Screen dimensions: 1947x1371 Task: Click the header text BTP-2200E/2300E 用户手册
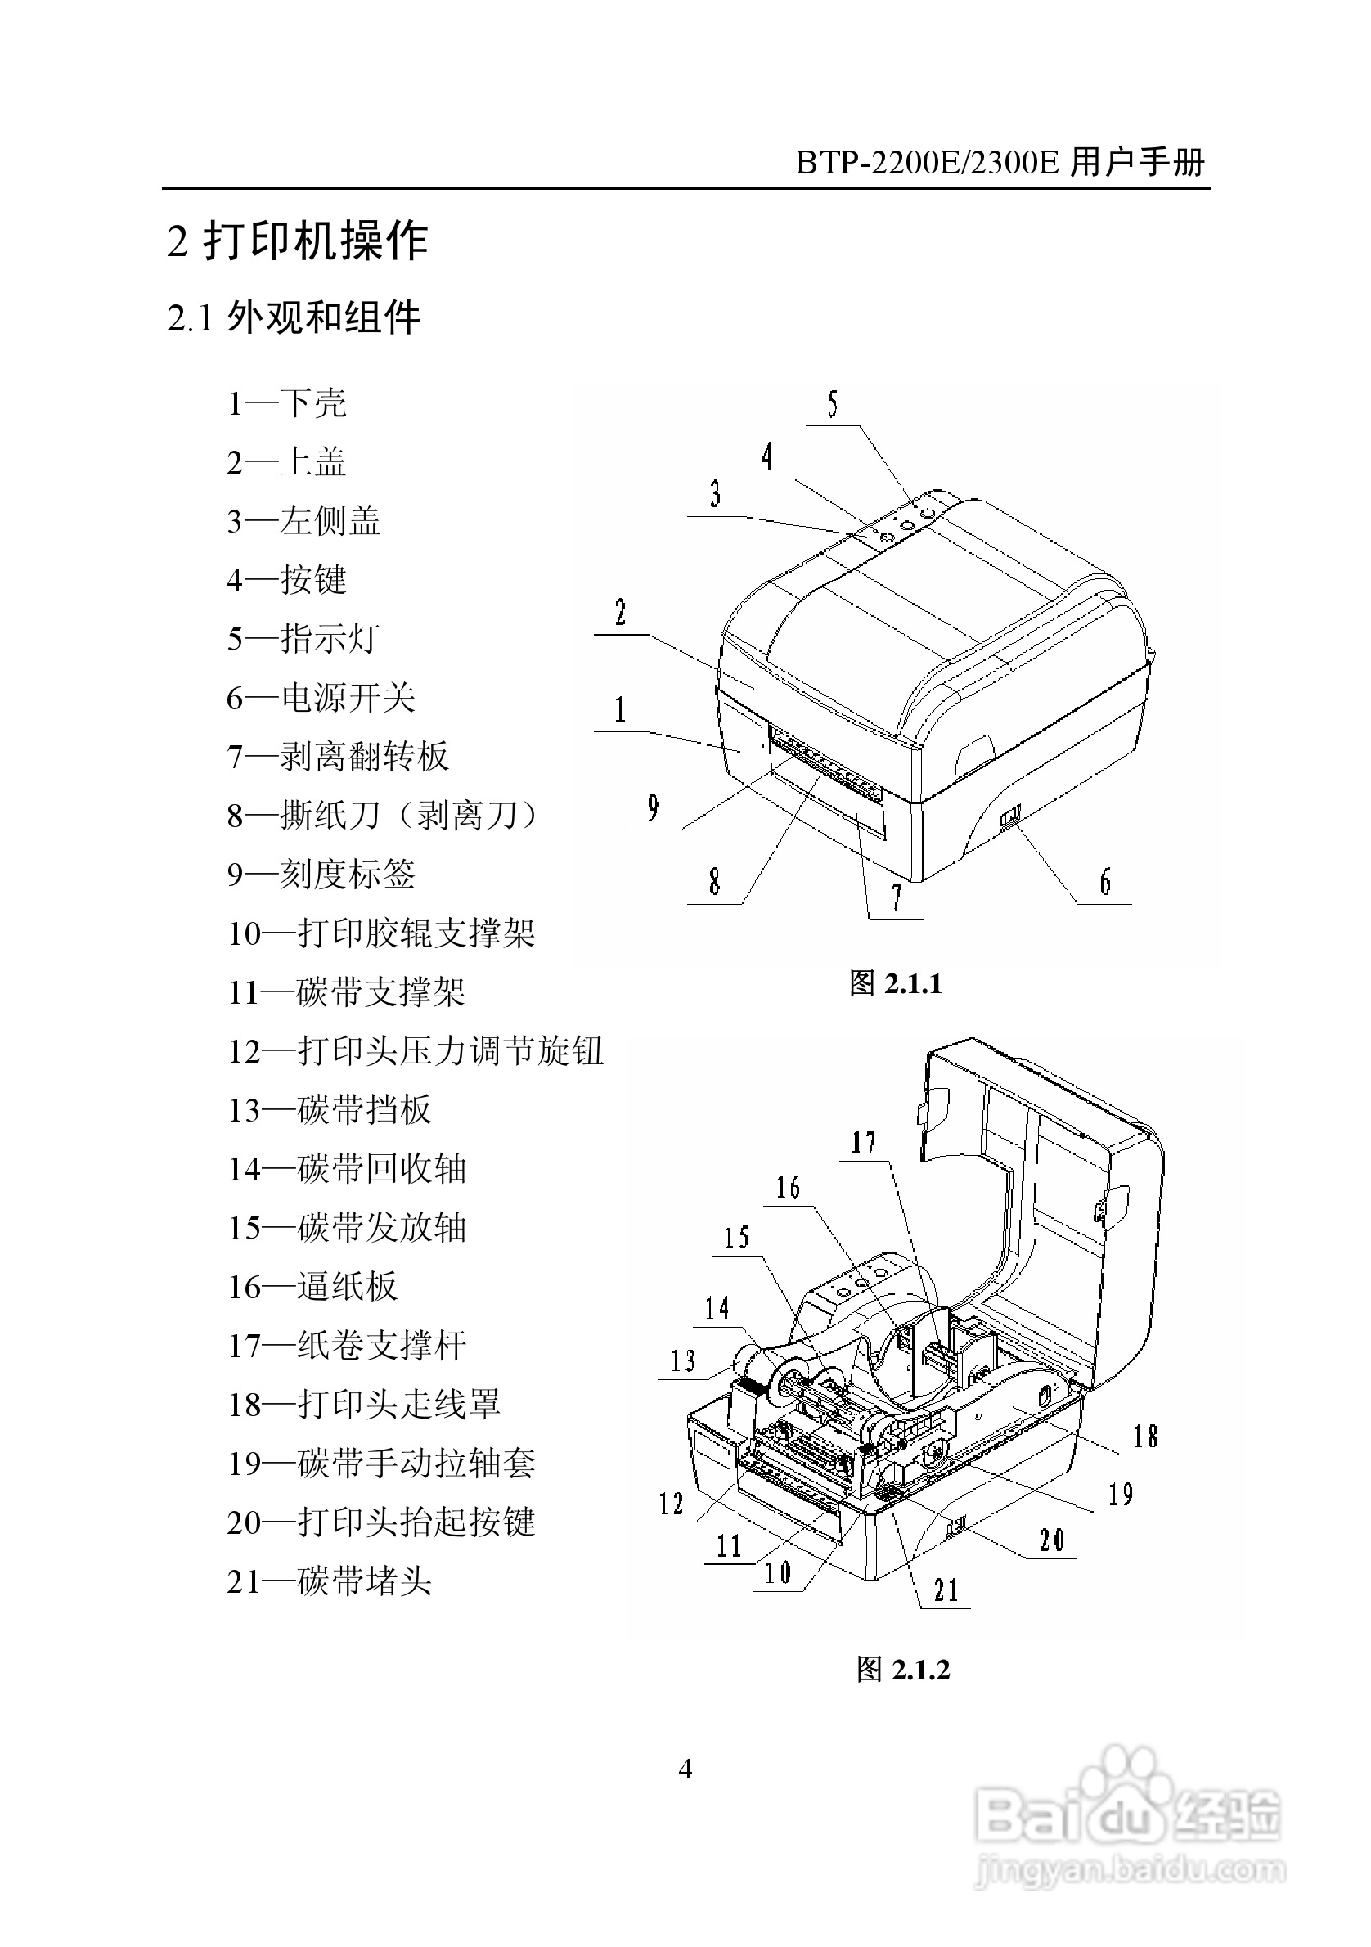(1000, 162)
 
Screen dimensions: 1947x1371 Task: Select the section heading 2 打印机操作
(298, 241)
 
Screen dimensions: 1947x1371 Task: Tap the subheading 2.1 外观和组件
(294, 319)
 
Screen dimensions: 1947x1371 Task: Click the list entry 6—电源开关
(321, 698)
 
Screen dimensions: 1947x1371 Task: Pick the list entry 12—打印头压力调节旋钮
(415, 1051)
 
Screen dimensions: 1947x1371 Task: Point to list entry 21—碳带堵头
(329, 1581)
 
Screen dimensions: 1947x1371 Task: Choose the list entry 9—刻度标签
(321, 875)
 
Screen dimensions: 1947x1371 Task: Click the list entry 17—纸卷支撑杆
(346, 1346)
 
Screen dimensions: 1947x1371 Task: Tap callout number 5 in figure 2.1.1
(833, 405)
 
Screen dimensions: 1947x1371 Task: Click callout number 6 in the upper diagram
(1105, 883)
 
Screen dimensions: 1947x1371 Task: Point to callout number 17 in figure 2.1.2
(863, 1142)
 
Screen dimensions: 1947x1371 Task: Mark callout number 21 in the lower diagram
(946, 1590)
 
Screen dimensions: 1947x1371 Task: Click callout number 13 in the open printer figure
(682, 1361)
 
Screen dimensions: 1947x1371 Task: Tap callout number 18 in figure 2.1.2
(1145, 1437)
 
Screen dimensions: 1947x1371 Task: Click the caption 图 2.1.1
(896, 983)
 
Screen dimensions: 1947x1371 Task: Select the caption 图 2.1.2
(903, 1670)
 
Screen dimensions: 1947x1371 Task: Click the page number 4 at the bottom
(685, 1769)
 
